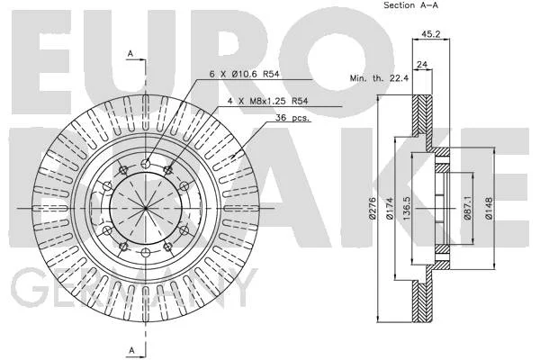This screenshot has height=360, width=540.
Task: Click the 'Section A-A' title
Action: pos(411,5)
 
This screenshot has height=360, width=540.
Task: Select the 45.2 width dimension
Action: pos(431,34)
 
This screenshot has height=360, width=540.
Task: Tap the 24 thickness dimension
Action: pos(422,64)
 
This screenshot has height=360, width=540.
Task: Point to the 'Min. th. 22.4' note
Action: pos(379,78)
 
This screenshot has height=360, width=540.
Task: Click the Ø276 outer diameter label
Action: pos(372,209)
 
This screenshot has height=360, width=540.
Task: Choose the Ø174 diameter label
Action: pos(390,209)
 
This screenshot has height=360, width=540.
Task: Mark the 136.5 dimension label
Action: pos(407,209)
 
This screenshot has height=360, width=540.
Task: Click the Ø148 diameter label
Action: pos(489,209)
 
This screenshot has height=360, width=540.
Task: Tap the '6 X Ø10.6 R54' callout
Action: pos(244,74)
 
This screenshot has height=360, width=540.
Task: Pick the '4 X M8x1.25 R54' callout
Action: pos(267,101)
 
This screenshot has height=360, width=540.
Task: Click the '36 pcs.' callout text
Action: pos(292,118)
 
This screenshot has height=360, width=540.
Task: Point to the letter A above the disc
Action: pos(130,54)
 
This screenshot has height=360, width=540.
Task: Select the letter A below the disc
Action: pos(131,350)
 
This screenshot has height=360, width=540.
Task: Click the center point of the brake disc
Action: pos(146,209)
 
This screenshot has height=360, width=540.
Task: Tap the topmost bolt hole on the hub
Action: pos(146,164)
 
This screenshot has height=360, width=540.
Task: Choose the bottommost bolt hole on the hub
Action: pos(146,253)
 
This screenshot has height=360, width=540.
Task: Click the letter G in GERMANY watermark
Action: pos(28,287)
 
